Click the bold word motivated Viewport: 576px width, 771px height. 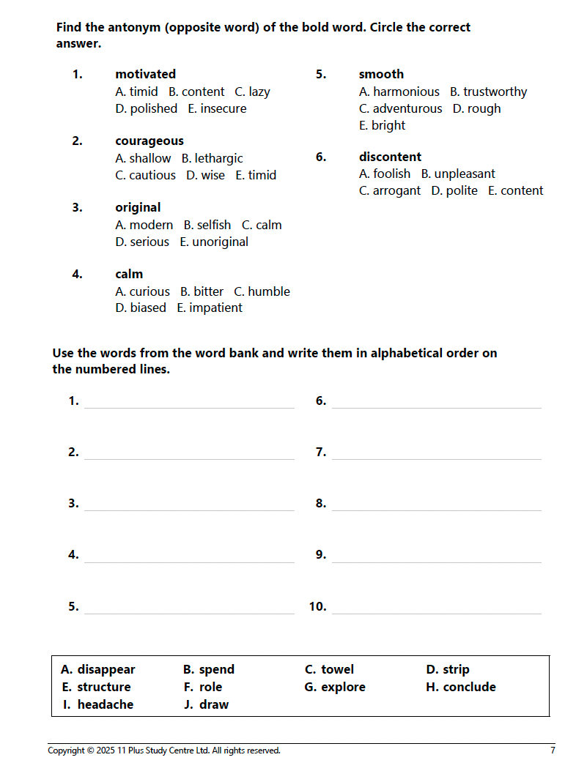[145, 74]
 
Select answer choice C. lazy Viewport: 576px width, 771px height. [252, 92]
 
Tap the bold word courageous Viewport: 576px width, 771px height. [149, 141]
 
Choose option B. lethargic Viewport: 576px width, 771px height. [212, 158]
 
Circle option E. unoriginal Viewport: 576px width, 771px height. [214, 242]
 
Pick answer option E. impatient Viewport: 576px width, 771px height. [209, 308]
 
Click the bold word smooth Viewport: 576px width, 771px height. [381, 74]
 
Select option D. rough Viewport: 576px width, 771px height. [476, 108]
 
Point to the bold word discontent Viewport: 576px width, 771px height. [390, 157]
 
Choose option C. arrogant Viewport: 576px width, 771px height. [390, 190]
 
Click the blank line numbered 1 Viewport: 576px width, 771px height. [189, 403]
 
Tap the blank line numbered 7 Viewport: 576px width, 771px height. [436, 454]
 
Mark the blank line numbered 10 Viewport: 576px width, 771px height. [436, 608]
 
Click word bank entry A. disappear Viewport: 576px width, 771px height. [98, 669]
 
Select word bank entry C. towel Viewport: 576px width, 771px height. [329, 669]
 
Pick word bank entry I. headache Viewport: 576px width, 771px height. [98, 704]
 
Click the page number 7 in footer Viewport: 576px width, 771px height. [553, 750]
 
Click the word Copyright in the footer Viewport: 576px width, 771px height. [65, 750]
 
